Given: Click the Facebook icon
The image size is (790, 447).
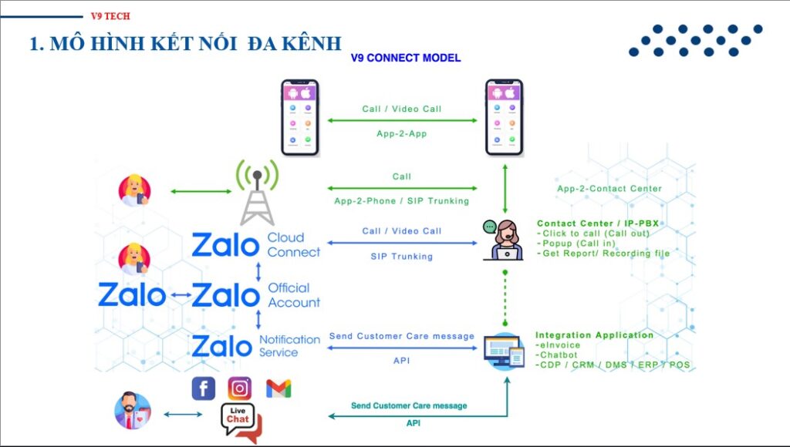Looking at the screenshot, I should pyautogui.click(x=204, y=388).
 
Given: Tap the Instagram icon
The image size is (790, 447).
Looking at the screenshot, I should pyautogui.click(x=240, y=388).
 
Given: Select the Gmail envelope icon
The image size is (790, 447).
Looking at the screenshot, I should pyautogui.click(x=279, y=388).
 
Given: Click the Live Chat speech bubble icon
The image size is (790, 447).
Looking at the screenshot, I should pyautogui.click(x=240, y=421).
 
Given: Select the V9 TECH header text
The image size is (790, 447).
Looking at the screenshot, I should pyautogui.click(x=110, y=16).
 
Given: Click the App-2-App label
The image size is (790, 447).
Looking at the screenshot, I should pyautogui.click(x=401, y=133).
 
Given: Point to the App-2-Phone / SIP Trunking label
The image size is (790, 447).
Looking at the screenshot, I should pyautogui.click(x=401, y=201).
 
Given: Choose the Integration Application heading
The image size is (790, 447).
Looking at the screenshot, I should pyautogui.click(x=594, y=335).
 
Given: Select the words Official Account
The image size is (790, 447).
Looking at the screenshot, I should pyautogui.click(x=293, y=295).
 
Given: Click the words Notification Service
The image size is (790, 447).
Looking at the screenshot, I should pyautogui.click(x=289, y=346).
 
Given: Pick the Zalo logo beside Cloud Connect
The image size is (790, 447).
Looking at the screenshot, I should pyautogui.click(x=225, y=245).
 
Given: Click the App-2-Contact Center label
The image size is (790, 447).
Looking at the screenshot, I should pyautogui.click(x=609, y=189).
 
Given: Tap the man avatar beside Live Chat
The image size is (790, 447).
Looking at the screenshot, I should pyautogui.click(x=133, y=411).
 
